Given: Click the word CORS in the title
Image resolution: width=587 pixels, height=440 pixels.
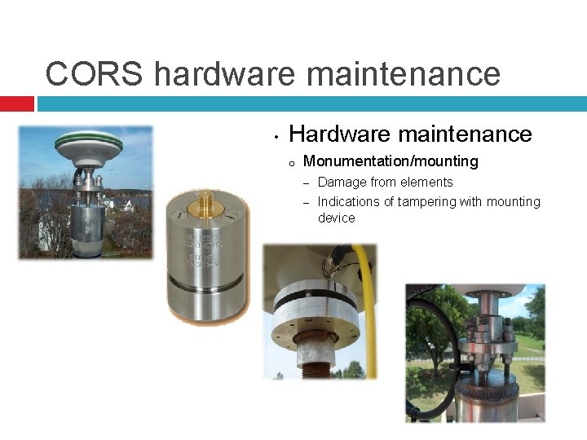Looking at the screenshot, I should (x=95, y=73).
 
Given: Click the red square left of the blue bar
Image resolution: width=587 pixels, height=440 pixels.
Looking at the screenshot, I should (x=16, y=104).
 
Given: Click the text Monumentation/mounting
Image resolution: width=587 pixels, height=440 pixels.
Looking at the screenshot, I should (x=391, y=161).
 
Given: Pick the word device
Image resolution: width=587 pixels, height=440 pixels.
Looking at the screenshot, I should (x=336, y=218).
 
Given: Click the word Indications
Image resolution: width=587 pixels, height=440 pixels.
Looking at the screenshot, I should (x=348, y=201).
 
